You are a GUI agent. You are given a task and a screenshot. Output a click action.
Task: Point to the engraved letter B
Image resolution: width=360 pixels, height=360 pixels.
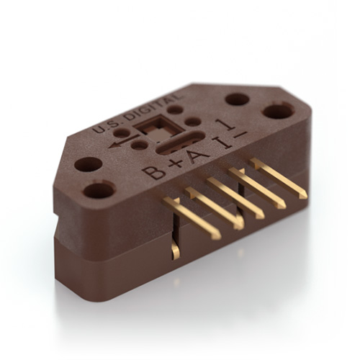[153, 172]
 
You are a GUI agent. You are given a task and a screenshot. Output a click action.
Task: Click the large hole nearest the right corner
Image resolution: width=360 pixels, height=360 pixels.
[277, 112]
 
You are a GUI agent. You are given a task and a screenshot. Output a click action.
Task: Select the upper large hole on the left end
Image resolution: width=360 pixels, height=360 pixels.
[88, 164]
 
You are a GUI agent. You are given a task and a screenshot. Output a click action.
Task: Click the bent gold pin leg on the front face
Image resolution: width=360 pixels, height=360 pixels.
[175, 249]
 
